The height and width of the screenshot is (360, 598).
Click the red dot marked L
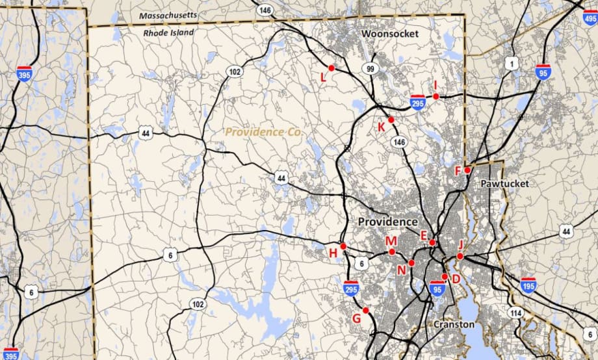pyautogui.click(x=331, y=68)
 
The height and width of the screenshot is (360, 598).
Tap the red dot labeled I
pyautogui.click(x=436, y=96)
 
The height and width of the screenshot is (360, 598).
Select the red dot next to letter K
pyautogui.click(x=391, y=120)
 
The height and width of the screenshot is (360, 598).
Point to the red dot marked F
pyautogui.click(x=467, y=170)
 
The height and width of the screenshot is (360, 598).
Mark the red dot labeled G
pyautogui.click(x=366, y=310)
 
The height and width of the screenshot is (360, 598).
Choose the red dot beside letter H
pyautogui.click(x=343, y=246)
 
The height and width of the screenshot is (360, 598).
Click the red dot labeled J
pyautogui.click(x=460, y=256)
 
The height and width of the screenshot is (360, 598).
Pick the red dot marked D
pyautogui.click(x=445, y=276)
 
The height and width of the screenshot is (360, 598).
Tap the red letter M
pyautogui.click(x=391, y=241)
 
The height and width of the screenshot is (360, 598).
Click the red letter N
pyautogui.click(x=402, y=270)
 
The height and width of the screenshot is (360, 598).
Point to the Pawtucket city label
pyautogui.click(x=505, y=184)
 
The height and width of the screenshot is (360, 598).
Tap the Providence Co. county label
pyautogui.click(x=264, y=132)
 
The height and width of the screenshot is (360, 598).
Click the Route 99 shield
pyautogui.click(x=371, y=69)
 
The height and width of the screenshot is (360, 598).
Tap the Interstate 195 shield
pyautogui.click(x=528, y=285)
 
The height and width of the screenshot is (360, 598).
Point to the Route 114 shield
pyautogui.click(x=516, y=313)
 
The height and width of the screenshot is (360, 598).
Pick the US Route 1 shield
pyautogui.click(x=512, y=63)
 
